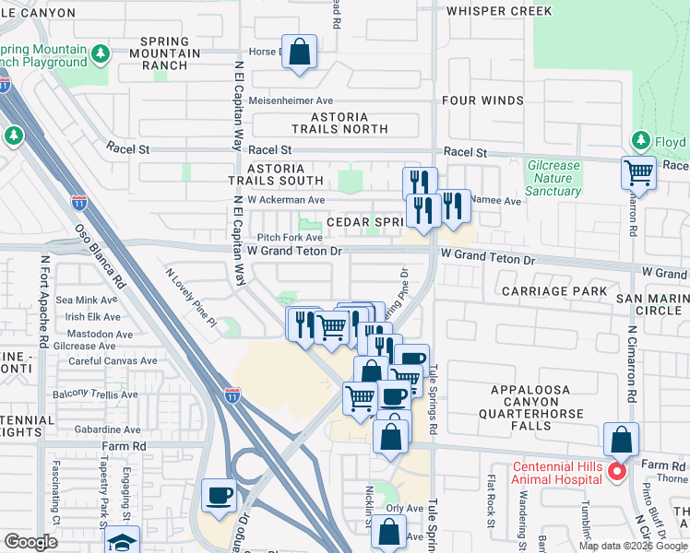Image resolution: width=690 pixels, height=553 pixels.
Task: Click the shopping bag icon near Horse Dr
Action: (x=299, y=53)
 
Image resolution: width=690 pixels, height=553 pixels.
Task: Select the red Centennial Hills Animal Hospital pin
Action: (x=617, y=472)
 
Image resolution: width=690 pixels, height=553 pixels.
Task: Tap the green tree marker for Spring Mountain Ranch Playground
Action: (x=101, y=54)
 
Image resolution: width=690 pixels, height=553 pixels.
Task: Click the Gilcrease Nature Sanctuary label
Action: (x=553, y=179)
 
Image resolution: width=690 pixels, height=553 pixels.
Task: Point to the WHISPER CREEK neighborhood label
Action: (x=498, y=11)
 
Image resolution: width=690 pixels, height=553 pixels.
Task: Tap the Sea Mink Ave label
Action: (x=87, y=300)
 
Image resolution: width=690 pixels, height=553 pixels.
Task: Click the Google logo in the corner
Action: (x=31, y=542)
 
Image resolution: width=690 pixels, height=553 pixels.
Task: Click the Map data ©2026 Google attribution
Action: (x=633, y=546)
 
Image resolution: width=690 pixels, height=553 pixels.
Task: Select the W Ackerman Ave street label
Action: (x=286, y=199)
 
